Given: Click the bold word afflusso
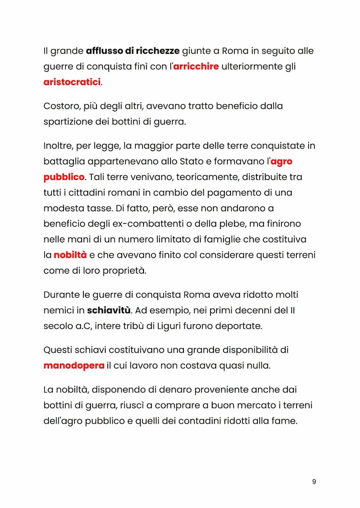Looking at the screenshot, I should point(104,51).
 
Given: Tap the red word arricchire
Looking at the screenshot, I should point(196,66).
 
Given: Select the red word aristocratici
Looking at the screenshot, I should point(72,82).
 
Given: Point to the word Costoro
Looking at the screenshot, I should point(60,106).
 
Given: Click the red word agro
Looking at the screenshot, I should point(281,162).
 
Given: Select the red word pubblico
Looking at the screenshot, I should point(64,177).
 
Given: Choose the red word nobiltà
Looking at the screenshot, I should point(70,255).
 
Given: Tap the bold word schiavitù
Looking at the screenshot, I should point(108,310).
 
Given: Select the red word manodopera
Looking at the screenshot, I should point(74,365).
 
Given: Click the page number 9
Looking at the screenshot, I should point(314,481).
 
